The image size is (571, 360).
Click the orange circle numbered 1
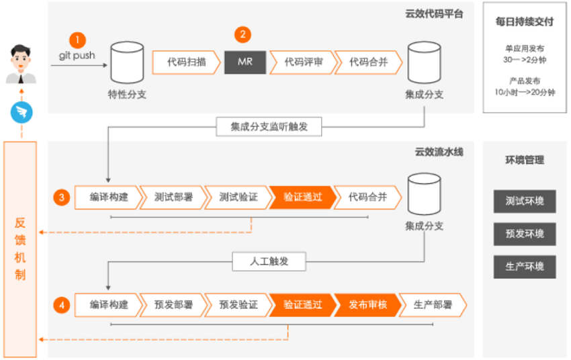(77, 40)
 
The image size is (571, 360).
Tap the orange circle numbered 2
(243, 34)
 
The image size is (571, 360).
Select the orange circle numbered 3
(62, 197)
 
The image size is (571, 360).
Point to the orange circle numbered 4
(62, 305)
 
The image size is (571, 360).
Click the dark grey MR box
(245, 62)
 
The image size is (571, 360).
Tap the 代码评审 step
(303, 62)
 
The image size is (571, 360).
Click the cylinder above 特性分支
(127, 62)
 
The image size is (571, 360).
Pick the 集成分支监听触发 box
(269, 127)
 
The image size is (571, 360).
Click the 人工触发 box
(269, 261)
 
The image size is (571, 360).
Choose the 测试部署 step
(173, 197)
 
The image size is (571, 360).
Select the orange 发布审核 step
(368, 305)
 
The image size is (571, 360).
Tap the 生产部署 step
(433, 305)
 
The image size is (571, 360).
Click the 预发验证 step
(238, 305)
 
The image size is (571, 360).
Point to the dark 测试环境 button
(525, 201)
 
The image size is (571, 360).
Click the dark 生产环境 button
(525, 267)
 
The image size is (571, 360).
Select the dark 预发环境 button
(525, 234)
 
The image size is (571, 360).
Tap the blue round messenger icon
(21, 112)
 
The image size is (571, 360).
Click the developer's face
(21, 60)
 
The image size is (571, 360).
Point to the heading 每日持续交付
(525, 22)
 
